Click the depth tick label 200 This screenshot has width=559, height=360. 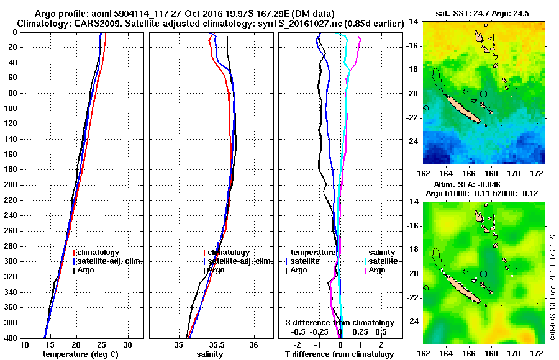tap(11, 185)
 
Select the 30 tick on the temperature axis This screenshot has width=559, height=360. tap(127, 344)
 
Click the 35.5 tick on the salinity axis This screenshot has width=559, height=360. tap(217, 344)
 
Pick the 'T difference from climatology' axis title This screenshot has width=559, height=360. tap(339, 354)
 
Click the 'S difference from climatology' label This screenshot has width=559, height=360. tap(339, 323)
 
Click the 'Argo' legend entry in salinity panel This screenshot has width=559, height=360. tap(216, 270)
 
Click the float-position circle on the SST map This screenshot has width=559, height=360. tap(483, 94)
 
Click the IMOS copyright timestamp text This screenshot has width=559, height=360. tap(553, 286)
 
